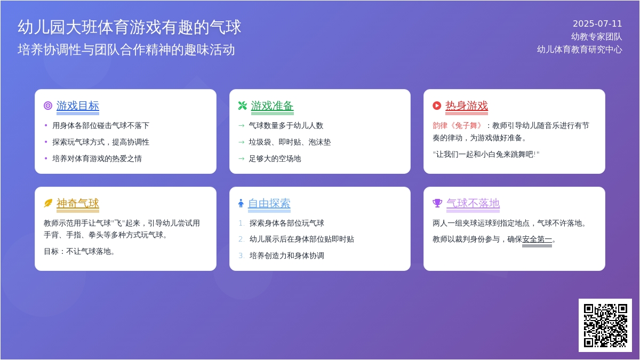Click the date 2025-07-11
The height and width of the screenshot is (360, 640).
(597, 23)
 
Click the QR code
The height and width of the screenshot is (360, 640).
(605, 325)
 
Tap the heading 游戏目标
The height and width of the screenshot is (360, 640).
(78, 106)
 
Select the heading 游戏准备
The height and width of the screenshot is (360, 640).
(272, 106)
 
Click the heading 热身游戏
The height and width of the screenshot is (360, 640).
(467, 106)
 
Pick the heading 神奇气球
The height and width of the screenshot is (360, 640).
(78, 203)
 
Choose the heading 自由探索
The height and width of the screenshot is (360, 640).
(269, 203)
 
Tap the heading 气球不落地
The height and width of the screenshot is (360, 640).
(473, 203)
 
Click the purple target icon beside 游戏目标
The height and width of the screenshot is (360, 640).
(48, 106)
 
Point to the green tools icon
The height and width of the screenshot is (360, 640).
(242, 106)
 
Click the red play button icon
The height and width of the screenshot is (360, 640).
(437, 106)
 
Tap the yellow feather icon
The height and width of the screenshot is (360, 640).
(48, 203)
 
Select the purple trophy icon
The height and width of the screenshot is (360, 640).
(437, 203)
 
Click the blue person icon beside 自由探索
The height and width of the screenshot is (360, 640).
(241, 203)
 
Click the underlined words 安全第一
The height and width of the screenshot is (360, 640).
(537, 239)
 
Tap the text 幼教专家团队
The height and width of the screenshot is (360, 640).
(597, 37)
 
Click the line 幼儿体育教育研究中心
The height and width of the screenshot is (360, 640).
(579, 50)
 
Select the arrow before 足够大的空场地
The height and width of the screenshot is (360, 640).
(242, 159)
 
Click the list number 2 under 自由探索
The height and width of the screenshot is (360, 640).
(242, 239)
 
